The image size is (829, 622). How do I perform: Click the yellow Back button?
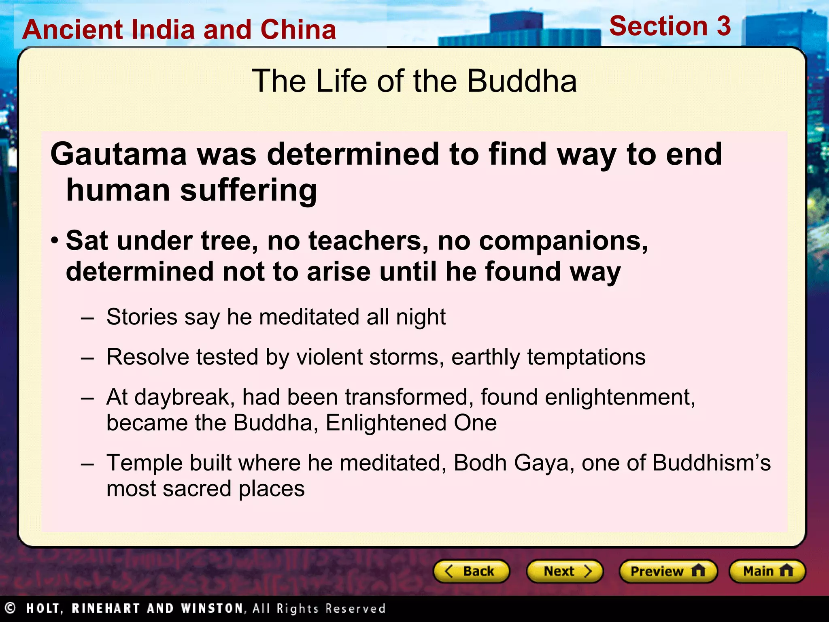(471, 571)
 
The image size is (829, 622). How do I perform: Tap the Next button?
(565, 571)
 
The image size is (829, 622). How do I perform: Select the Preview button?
(668, 571)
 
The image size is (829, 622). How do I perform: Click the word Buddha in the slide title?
(522, 81)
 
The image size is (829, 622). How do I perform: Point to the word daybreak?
(185, 397)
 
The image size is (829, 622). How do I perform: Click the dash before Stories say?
(87, 318)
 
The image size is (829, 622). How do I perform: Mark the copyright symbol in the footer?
(10, 608)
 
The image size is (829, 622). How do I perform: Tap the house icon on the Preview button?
(698, 571)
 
